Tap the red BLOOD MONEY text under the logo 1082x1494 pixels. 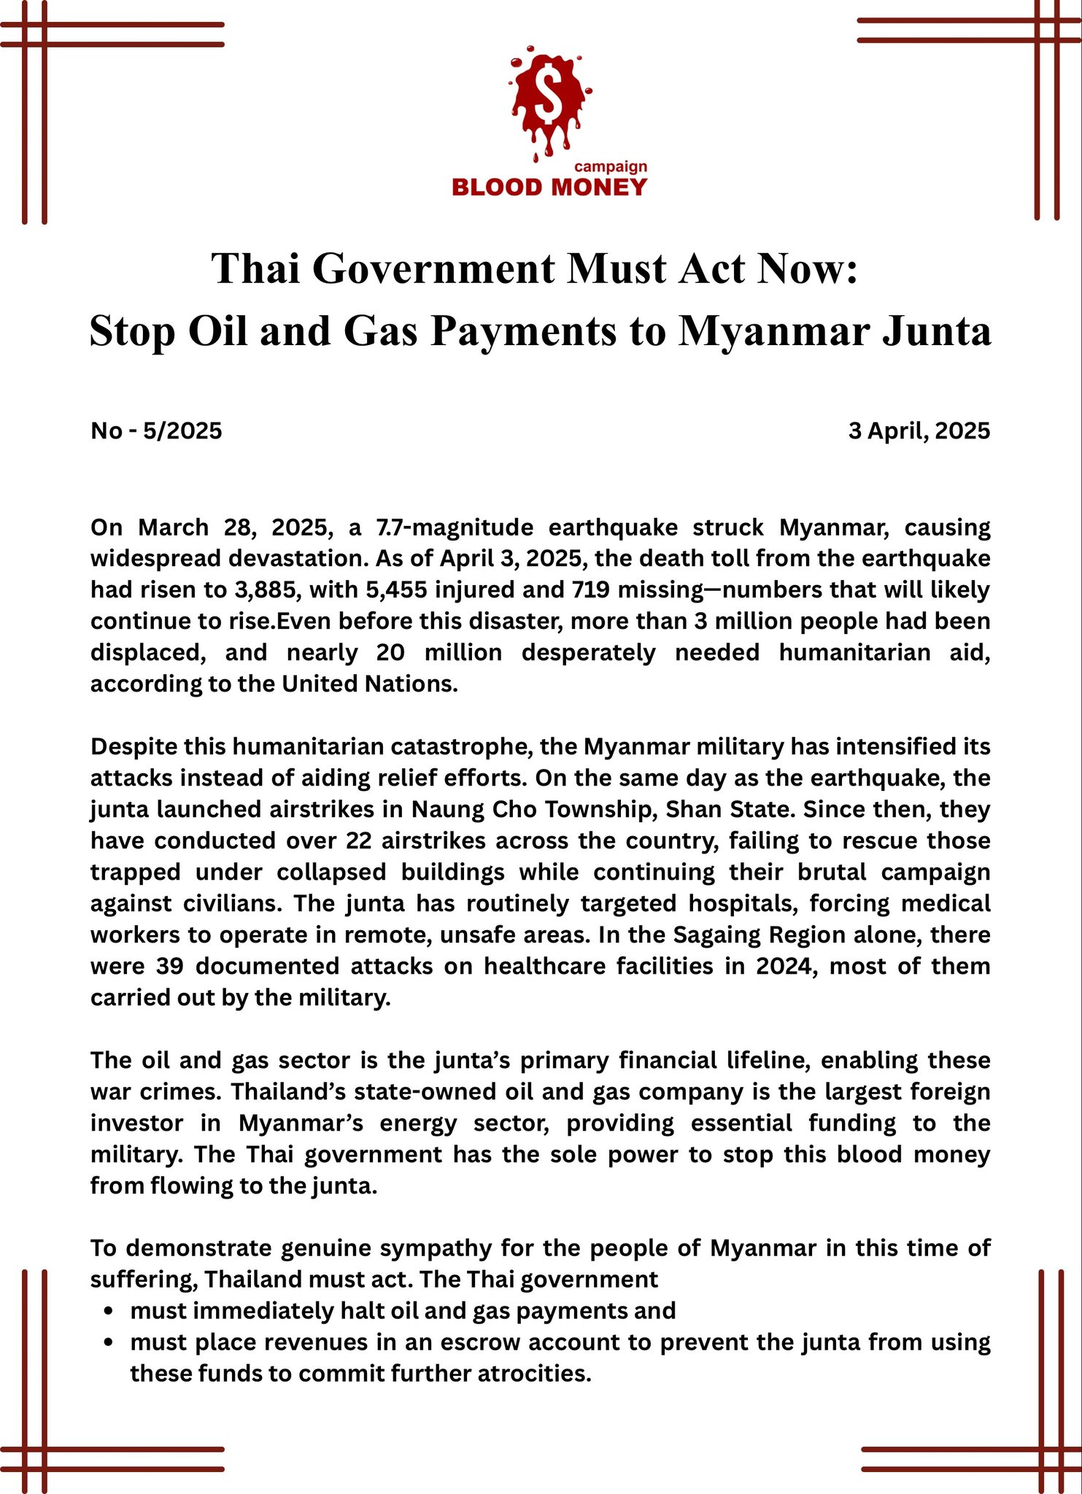(549, 187)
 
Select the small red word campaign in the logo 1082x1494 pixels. (611, 166)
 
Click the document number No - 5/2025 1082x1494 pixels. (156, 431)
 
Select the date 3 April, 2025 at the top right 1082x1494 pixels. (919, 431)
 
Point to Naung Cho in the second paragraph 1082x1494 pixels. (459, 809)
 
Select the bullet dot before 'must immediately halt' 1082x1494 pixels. (109, 1312)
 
